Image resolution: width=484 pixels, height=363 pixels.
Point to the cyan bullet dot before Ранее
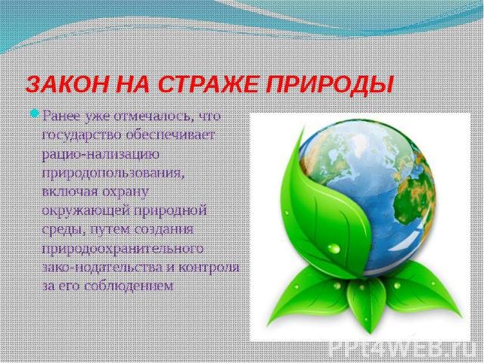[x=34, y=113]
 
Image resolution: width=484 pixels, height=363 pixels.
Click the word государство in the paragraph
[x=81, y=135]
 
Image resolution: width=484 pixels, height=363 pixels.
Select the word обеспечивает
[x=169, y=135]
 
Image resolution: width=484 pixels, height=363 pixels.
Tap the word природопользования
[x=113, y=173]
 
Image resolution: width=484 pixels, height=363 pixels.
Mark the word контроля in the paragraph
[x=209, y=268]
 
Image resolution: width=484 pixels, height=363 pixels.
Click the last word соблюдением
[x=129, y=286]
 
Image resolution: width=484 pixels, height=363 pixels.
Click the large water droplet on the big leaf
[x=334, y=248]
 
